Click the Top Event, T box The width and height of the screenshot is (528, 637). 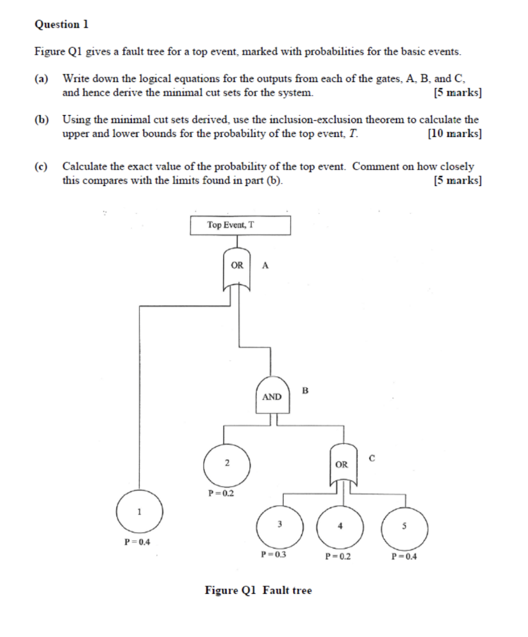[x=240, y=225]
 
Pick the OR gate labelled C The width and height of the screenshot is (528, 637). [x=342, y=463]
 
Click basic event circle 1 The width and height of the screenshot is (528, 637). [x=139, y=512]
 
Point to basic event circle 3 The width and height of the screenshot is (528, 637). [x=280, y=525]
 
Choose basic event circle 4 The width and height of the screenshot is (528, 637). [x=340, y=526]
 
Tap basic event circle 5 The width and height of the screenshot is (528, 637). [x=404, y=526]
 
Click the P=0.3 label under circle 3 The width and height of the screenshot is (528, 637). [x=274, y=553]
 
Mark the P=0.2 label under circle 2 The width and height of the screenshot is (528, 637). [x=221, y=493]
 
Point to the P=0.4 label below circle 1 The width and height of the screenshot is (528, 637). [x=137, y=541]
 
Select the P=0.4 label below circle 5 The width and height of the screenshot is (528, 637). [x=404, y=556]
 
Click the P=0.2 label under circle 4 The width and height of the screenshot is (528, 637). [x=338, y=556]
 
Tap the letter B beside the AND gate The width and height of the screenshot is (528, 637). [x=305, y=391]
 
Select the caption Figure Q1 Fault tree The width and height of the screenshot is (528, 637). [x=258, y=590]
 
